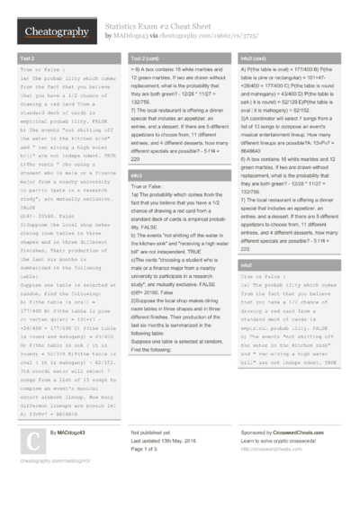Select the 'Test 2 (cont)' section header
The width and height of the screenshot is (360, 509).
(x=180, y=57)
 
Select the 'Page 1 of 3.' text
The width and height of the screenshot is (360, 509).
(x=144, y=450)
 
